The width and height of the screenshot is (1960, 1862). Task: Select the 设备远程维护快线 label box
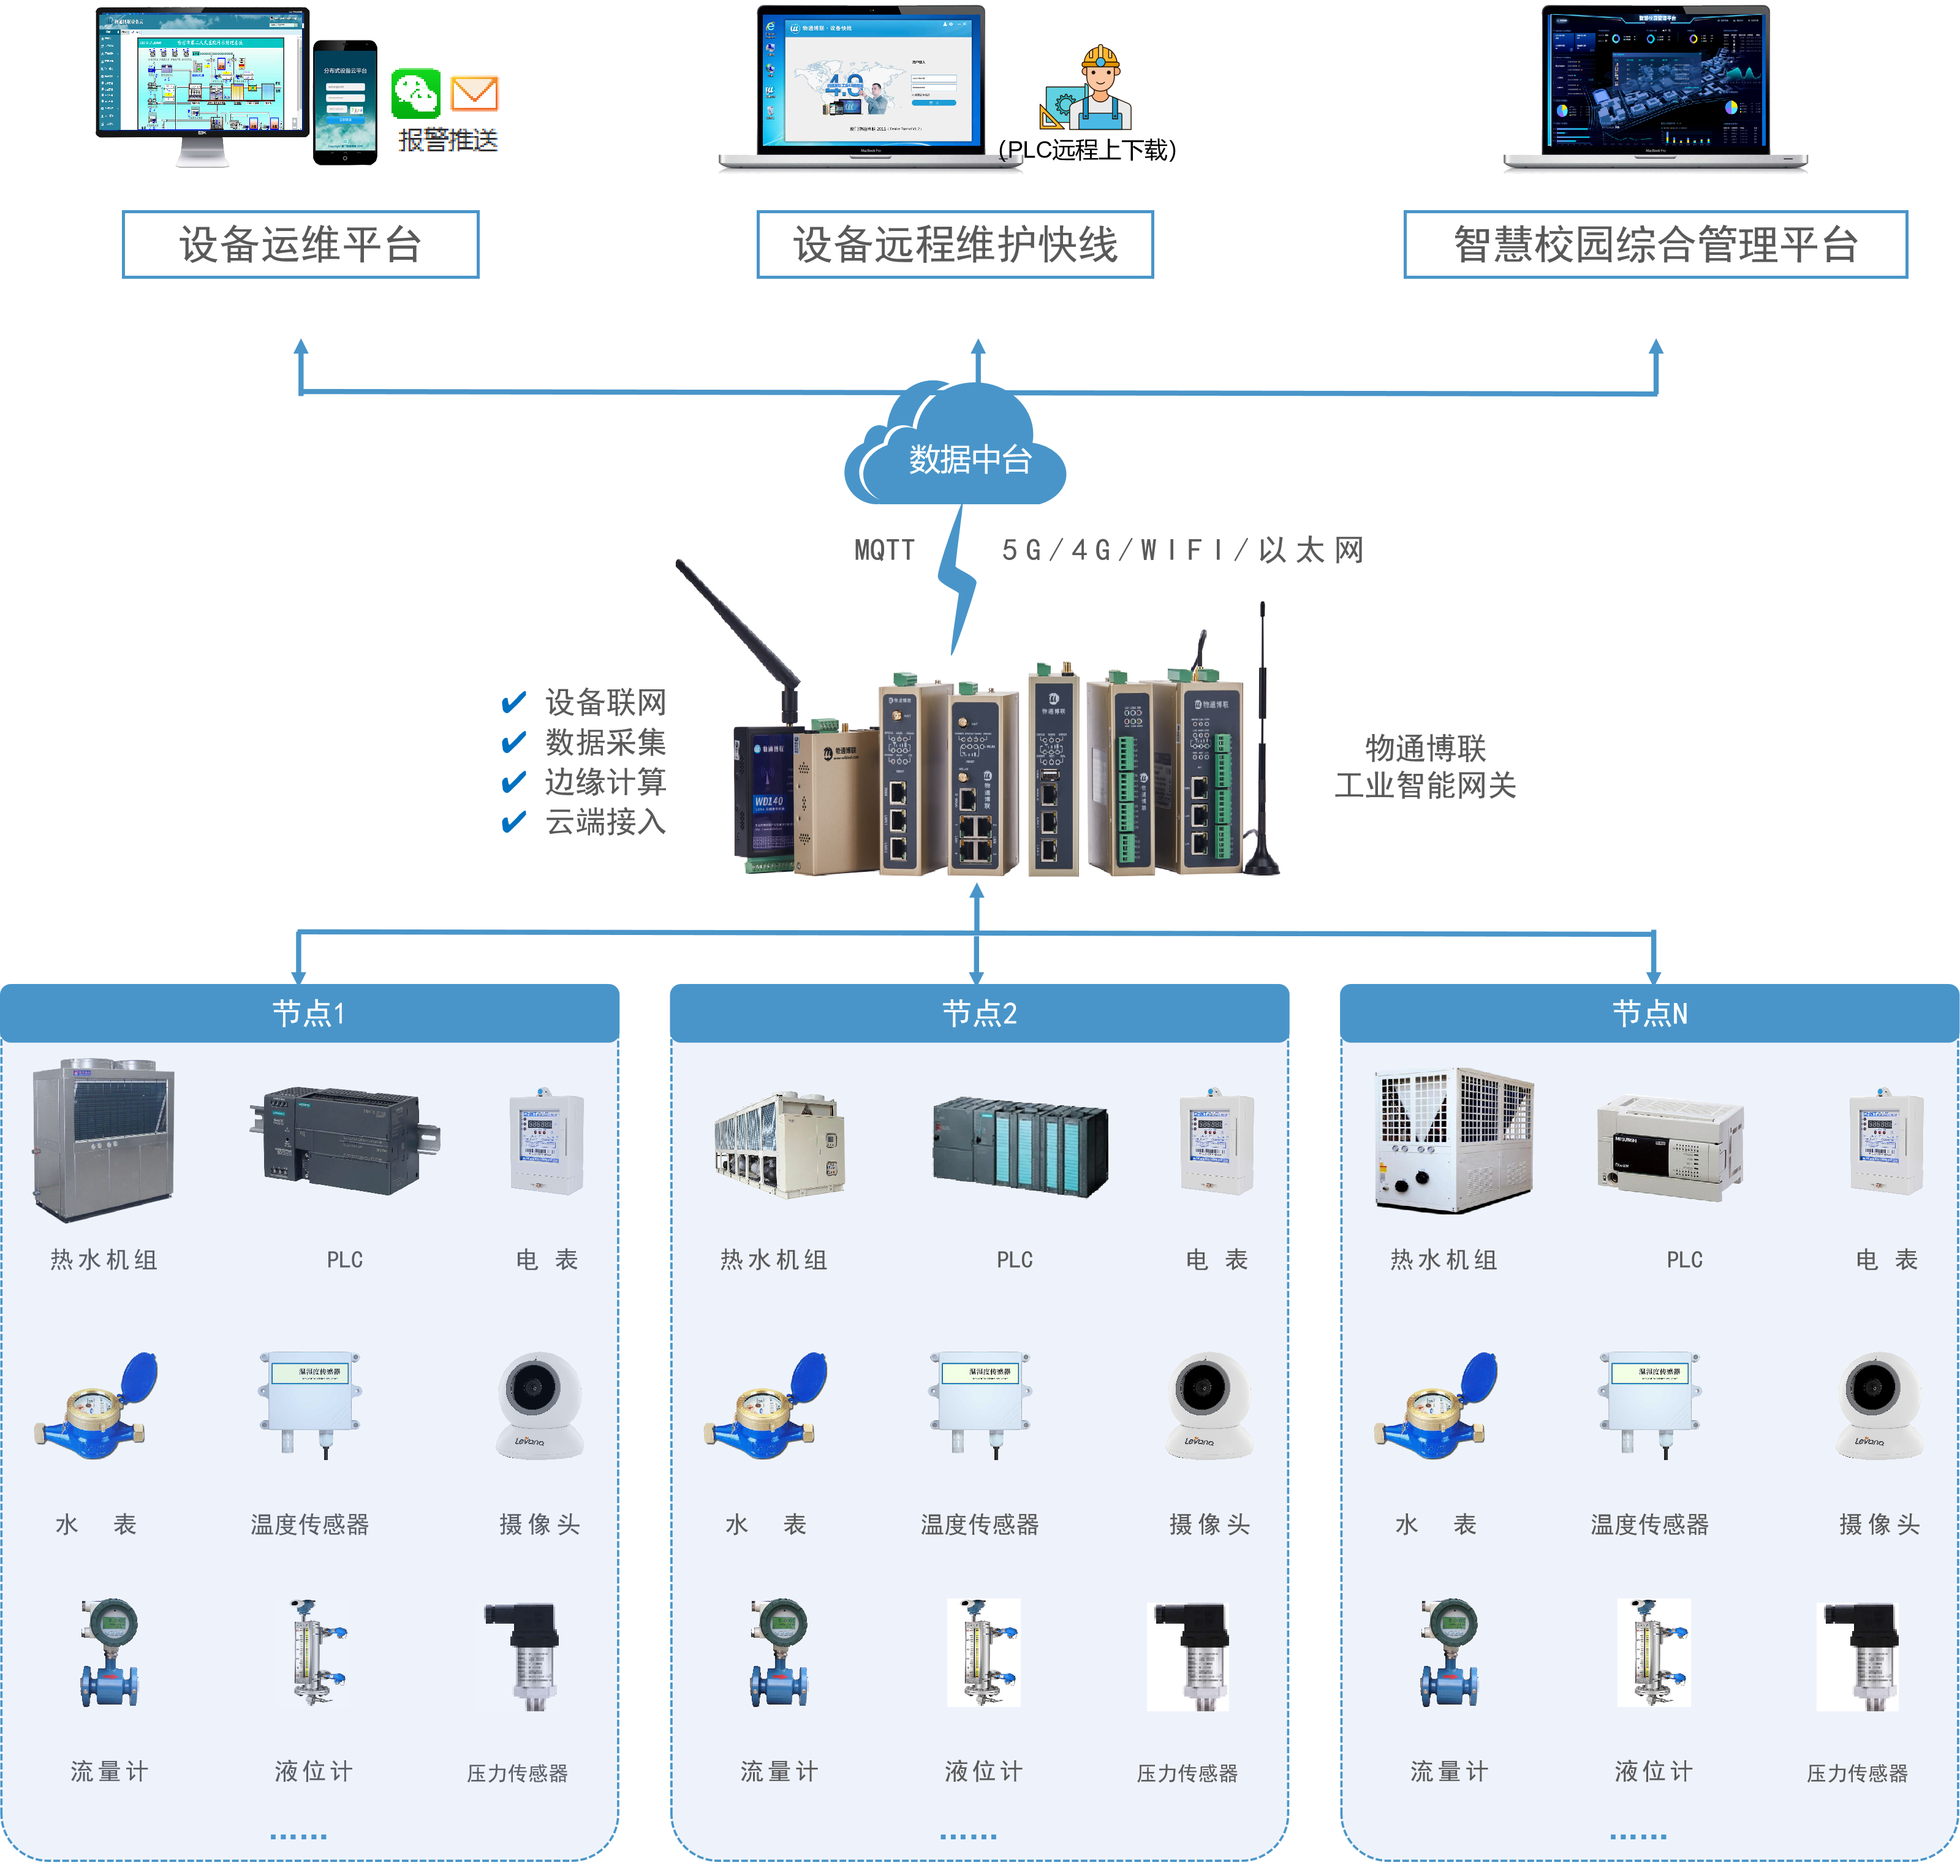[955, 244]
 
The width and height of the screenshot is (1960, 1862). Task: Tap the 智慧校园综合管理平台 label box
[1654, 244]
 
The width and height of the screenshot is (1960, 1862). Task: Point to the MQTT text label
[884, 550]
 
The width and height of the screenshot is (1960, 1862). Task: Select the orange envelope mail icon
[474, 93]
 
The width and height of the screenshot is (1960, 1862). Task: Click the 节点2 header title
[980, 1013]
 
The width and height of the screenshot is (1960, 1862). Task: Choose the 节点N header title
[1649, 1013]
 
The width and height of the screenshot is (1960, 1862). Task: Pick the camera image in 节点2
[1209, 1406]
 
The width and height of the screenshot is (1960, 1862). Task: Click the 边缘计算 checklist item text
[605, 782]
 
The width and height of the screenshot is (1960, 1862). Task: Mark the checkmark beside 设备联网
[513, 703]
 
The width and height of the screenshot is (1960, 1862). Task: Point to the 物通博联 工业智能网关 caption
[1425, 766]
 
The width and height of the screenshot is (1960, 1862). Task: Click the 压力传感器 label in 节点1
[517, 1773]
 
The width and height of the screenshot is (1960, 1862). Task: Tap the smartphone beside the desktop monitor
[344, 102]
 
